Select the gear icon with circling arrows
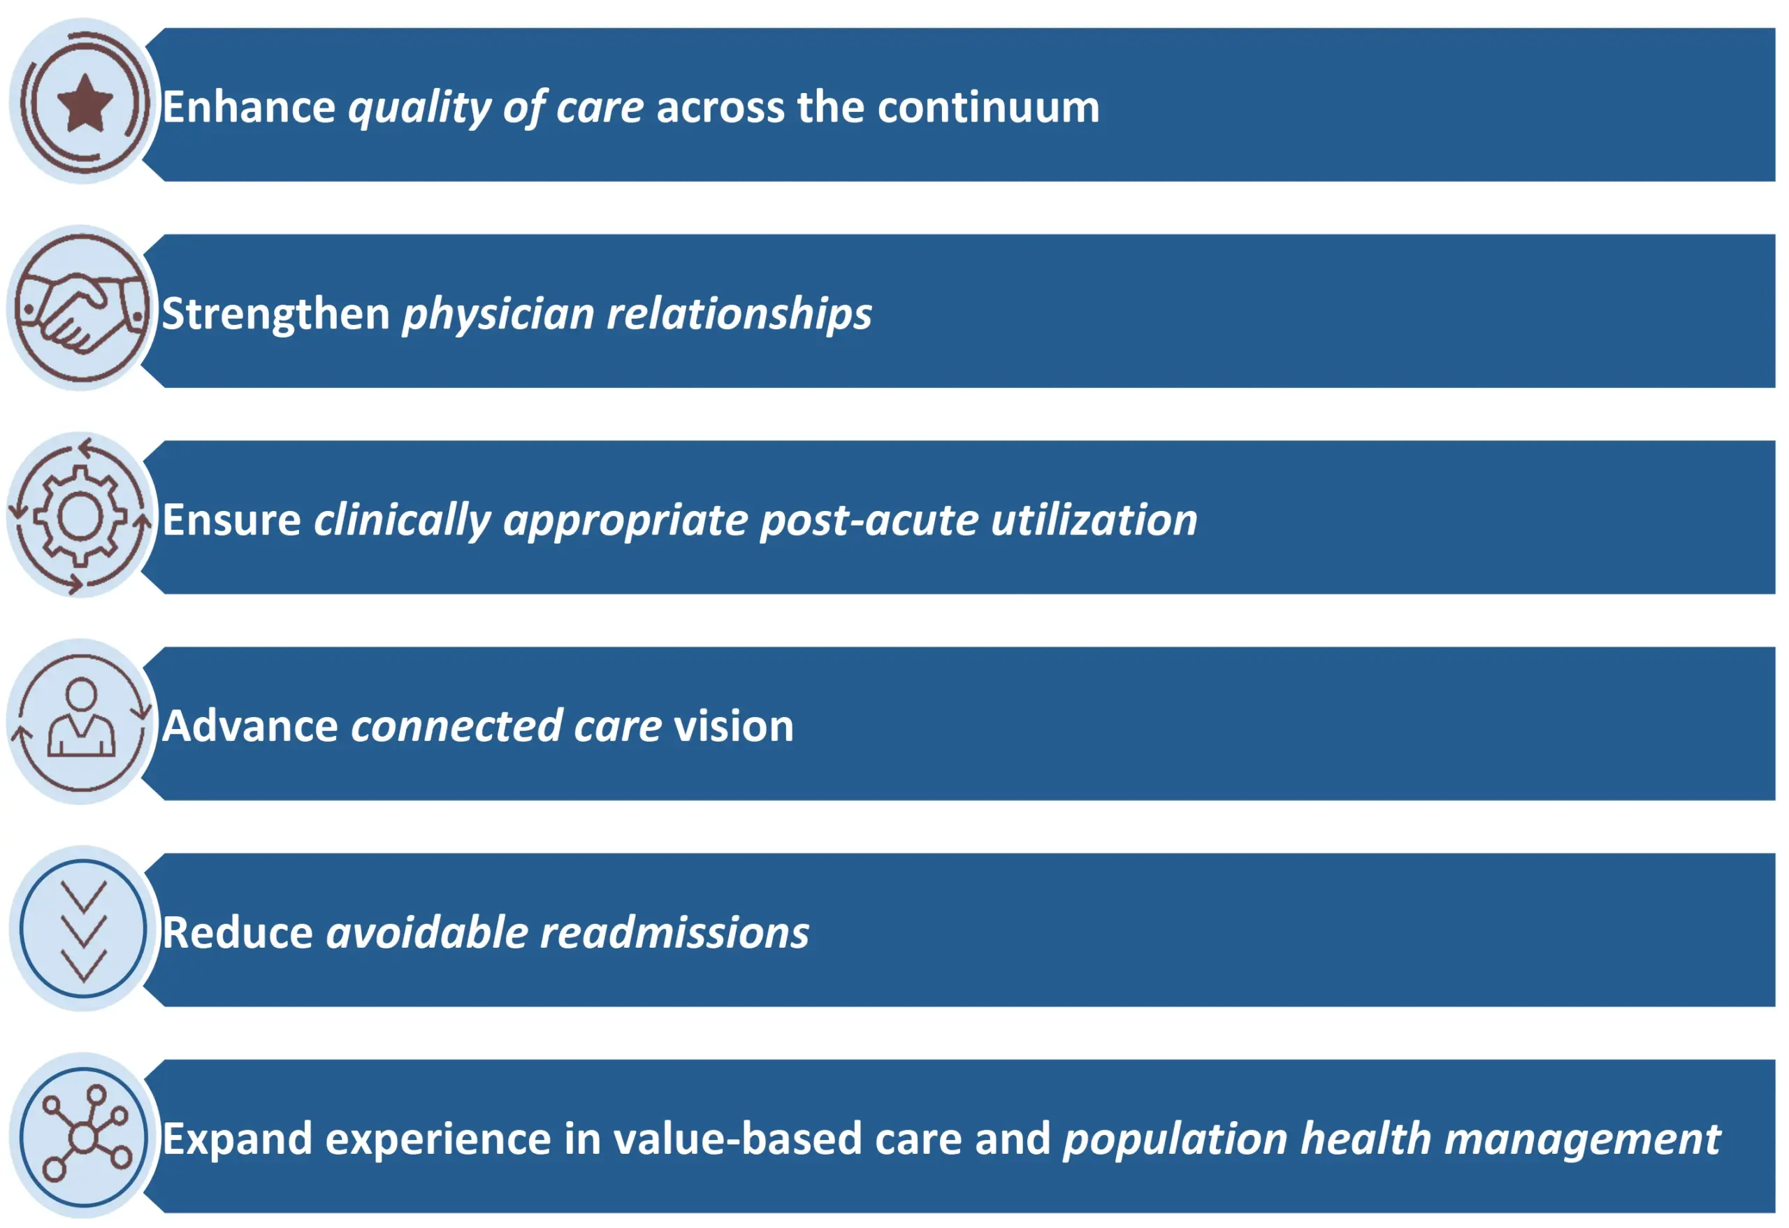[80, 516]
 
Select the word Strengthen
[275, 313]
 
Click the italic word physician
[498, 313]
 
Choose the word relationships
[740, 313]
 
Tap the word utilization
[1094, 520]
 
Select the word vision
[734, 726]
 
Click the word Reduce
[238, 932]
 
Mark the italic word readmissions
[674, 932]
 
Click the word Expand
[237, 1140]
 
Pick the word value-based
[737, 1139]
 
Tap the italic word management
[1582, 1140]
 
